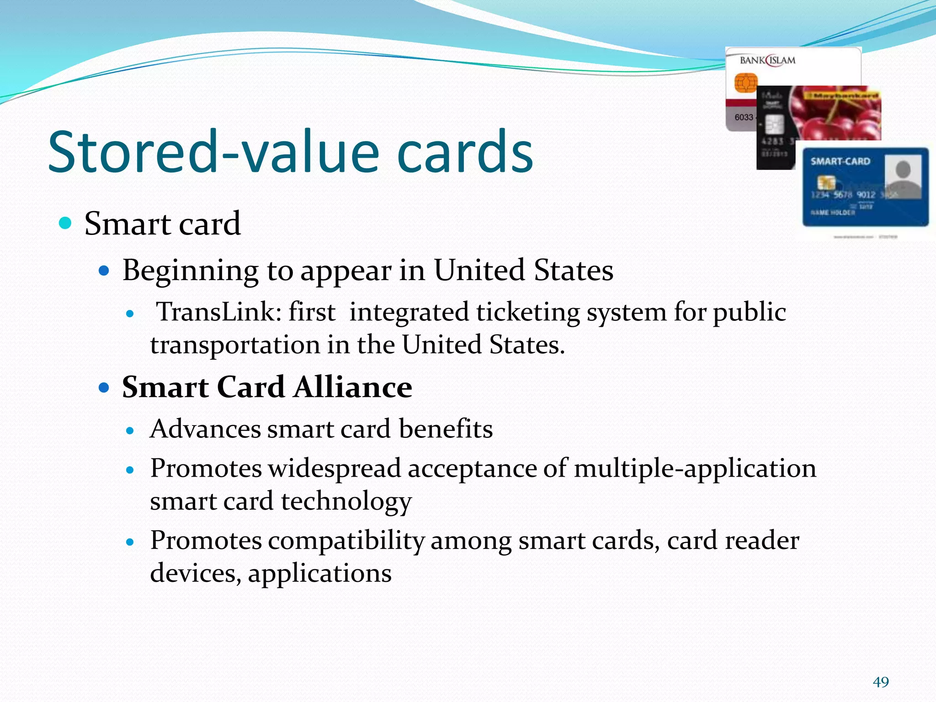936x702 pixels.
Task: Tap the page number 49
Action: [881, 682]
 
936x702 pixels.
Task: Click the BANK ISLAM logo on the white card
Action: [767, 60]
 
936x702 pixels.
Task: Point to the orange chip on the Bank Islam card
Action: [745, 83]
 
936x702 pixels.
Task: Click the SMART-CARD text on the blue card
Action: [840, 161]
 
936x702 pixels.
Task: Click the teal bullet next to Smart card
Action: [66, 223]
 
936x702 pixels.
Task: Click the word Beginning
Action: [191, 271]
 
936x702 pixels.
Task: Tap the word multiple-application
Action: [695, 469]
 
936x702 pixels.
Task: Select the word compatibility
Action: [346, 541]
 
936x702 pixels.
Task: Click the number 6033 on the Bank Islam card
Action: [744, 117]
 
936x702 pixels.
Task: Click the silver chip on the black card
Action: [774, 124]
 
